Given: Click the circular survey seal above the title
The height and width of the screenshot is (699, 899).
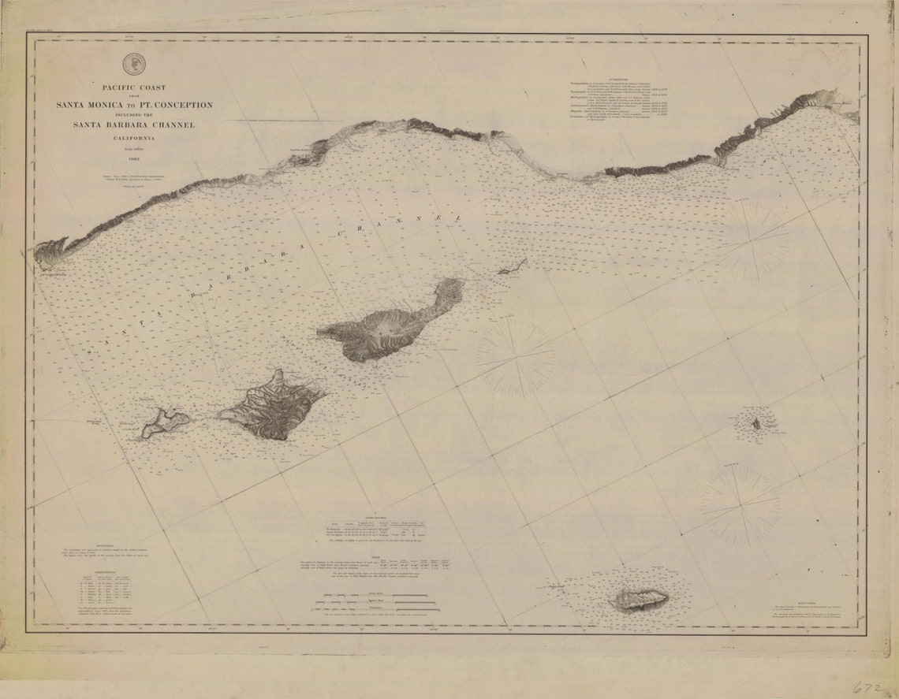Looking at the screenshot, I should (134, 63).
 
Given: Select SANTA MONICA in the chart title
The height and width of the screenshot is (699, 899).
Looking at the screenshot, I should (91, 106).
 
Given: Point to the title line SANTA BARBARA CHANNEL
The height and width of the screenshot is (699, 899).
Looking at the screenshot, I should (133, 125).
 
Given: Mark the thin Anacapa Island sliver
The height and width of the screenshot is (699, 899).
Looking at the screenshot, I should (513, 266).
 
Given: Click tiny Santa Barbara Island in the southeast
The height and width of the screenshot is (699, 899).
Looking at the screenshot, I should (755, 424).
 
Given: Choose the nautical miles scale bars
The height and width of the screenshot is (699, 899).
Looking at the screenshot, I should (371, 608).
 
